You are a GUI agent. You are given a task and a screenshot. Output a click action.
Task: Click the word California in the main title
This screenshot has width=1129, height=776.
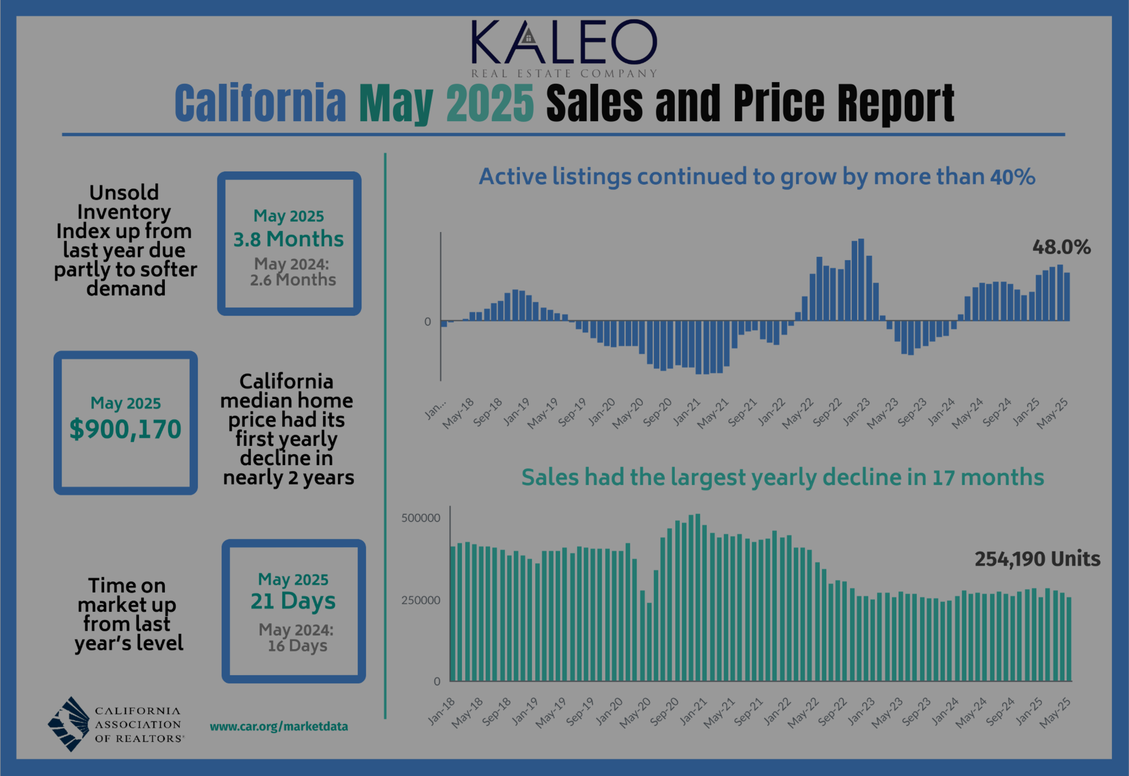(260, 103)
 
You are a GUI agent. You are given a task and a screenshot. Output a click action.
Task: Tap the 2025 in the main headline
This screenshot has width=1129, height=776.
(490, 103)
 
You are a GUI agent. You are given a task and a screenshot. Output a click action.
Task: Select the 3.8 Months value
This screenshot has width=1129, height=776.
(288, 239)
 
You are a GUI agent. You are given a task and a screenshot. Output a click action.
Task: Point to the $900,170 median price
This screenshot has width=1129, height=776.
(125, 429)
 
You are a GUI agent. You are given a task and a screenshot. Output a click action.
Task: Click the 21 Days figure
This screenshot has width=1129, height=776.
(293, 601)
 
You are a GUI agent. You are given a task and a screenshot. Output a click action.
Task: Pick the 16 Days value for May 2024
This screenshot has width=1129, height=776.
(297, 645)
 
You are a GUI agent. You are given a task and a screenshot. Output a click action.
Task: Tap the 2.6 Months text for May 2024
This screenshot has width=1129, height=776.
(293, 280)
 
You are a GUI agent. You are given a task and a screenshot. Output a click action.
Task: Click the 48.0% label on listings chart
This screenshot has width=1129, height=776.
(1062, 247)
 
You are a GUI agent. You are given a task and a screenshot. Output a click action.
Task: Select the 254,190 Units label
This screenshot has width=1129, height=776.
(1037, 559)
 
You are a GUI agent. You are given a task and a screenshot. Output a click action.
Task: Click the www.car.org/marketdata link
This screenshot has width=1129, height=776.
(279, 727)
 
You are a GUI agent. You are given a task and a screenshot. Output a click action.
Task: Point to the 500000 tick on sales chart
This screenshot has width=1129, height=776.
(421, 518)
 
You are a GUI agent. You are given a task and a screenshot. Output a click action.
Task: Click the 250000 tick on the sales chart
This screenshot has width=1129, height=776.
(421, 600)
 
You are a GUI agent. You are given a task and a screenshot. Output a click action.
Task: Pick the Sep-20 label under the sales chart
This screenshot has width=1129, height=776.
(664, 712)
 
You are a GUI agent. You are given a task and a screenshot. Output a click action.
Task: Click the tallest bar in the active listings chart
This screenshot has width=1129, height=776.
(861, 280)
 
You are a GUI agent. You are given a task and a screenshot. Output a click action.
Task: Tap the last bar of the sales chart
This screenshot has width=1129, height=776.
(1069, 639)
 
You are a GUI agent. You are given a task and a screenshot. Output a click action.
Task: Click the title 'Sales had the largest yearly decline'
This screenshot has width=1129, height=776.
(782, 477)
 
